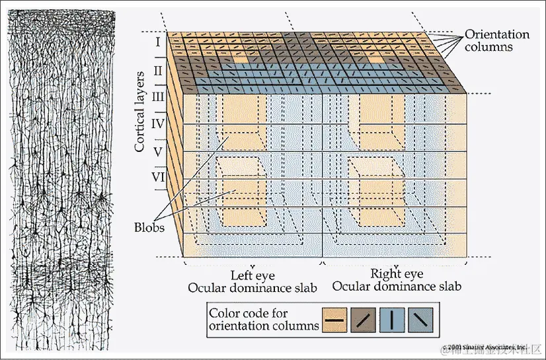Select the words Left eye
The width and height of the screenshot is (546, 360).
click(x=252, y=274)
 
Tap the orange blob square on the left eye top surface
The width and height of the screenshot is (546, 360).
click(x=239, y=60)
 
